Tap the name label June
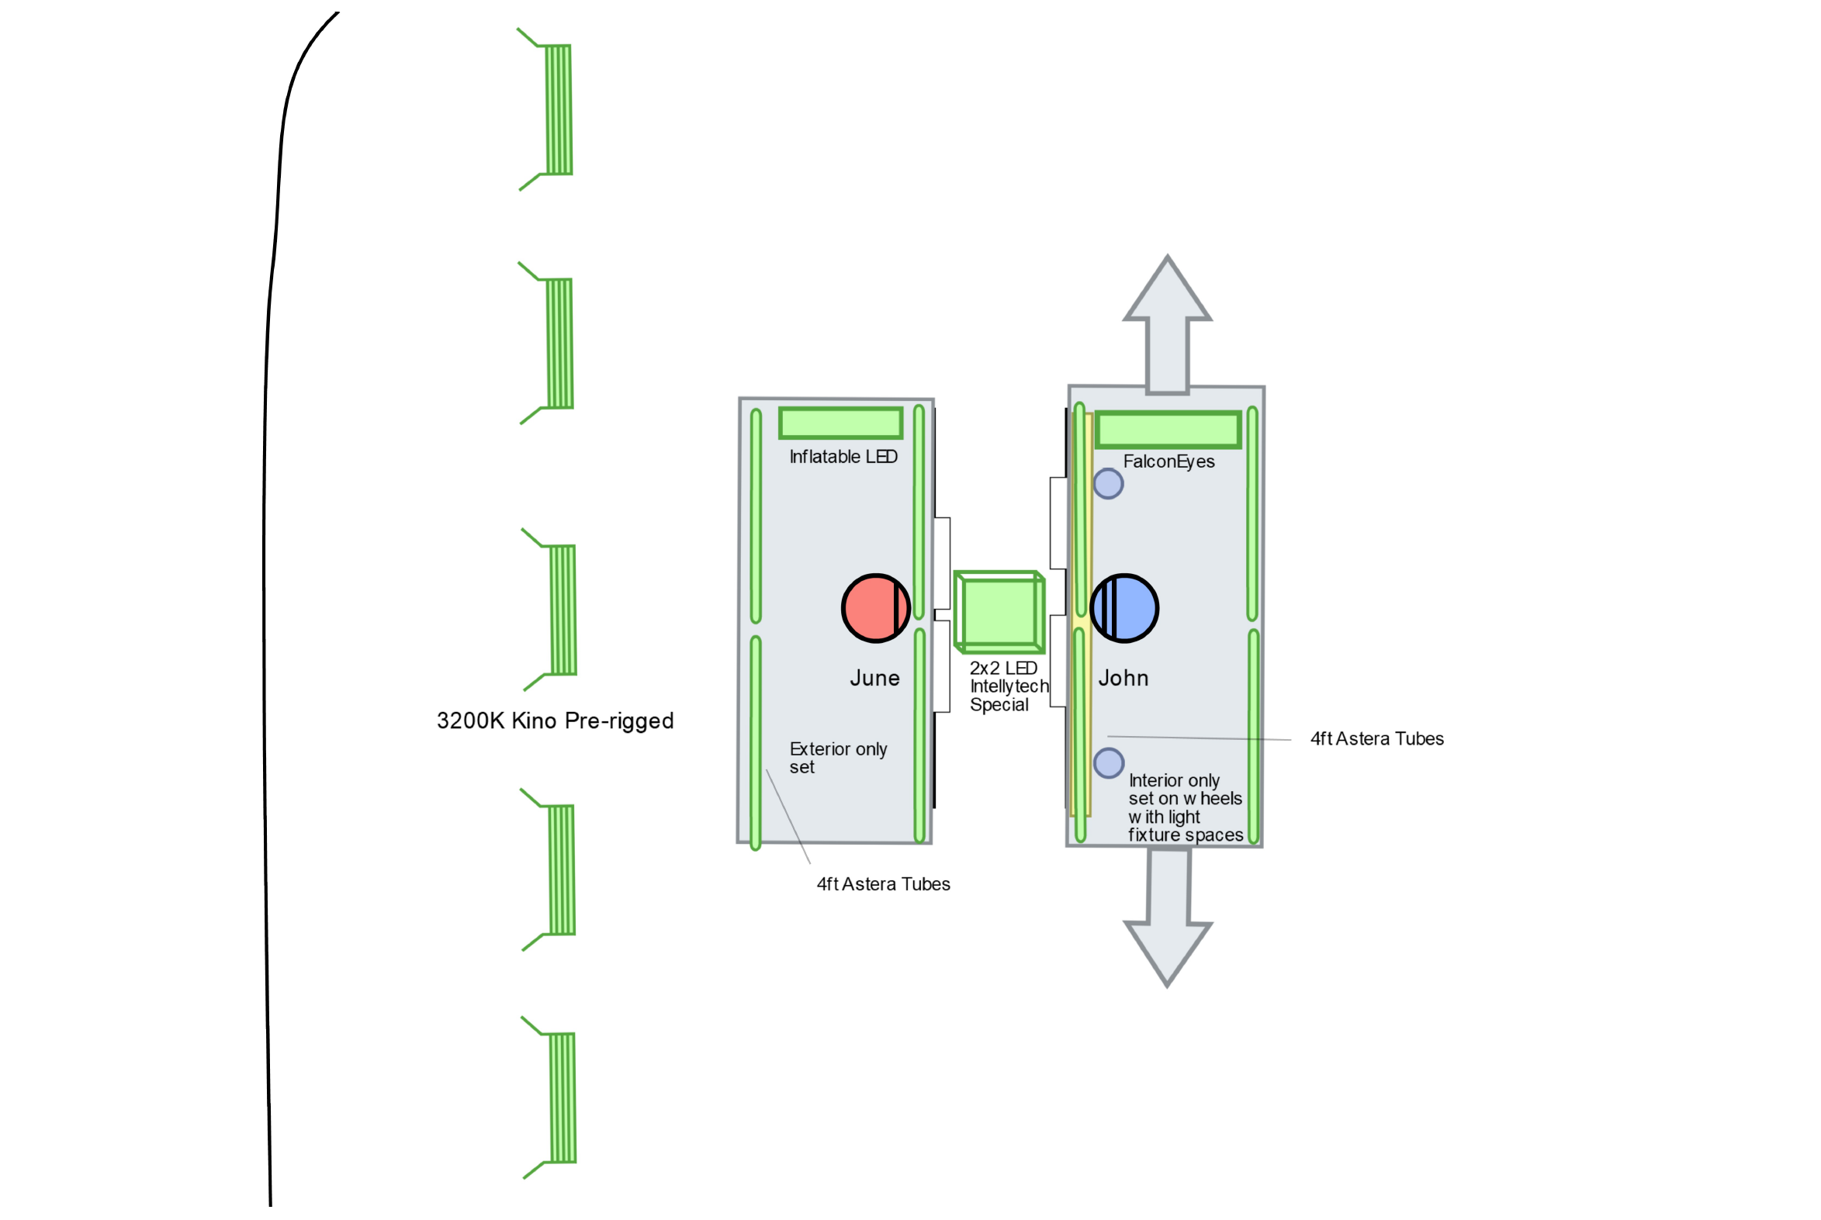pyautogui.click(x=874, y=679)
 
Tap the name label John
pyautogui.click(x=1123, y=679)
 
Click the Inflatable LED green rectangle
pyautogui.click(x=840, y=423)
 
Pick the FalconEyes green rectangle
pyautogui.click(x=1167, y=430)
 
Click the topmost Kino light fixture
pyautogui.click(x=558, y=109)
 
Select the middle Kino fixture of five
pyautogui.click(x=563, y=610)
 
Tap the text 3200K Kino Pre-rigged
pyautogui.click(x=555, y=721)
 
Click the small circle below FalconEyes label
pyautogui.click(x=1108, y=484)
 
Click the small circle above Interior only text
pyautogui.click(x=1108, y=763)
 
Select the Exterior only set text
pyautogui.click(x=837, y=758)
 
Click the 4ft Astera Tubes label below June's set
pyautogui.click(x=883, y=884)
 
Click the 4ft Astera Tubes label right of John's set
pyautogui.click(x=1376, y=738)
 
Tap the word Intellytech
pyautogui.click(x=1009, y=686)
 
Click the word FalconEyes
pyautogui.click(x=1168, y=461)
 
